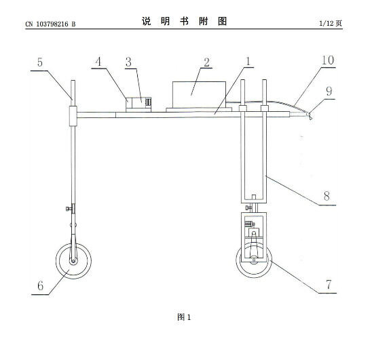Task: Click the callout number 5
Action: (40, 62)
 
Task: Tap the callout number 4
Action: (98, 62)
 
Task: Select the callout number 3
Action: (128, 62)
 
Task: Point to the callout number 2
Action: (206, 62)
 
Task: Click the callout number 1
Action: (248, 61)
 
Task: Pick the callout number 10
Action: (328, 60)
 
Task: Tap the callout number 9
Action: (329, 92)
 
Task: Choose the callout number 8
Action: (327, 196)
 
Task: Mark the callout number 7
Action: (329, 284)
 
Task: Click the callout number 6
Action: (41, 285)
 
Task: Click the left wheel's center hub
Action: (73, 261)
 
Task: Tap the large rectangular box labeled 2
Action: (199, 95)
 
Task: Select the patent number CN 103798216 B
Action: (50, 24)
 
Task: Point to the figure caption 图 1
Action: (184, 317)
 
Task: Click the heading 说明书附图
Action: (185, 21)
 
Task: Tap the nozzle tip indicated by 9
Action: (309, 115)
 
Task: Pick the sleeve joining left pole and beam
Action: (73, 116)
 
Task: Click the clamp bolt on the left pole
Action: (69, 209)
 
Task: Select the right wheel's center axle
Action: (254, 260)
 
